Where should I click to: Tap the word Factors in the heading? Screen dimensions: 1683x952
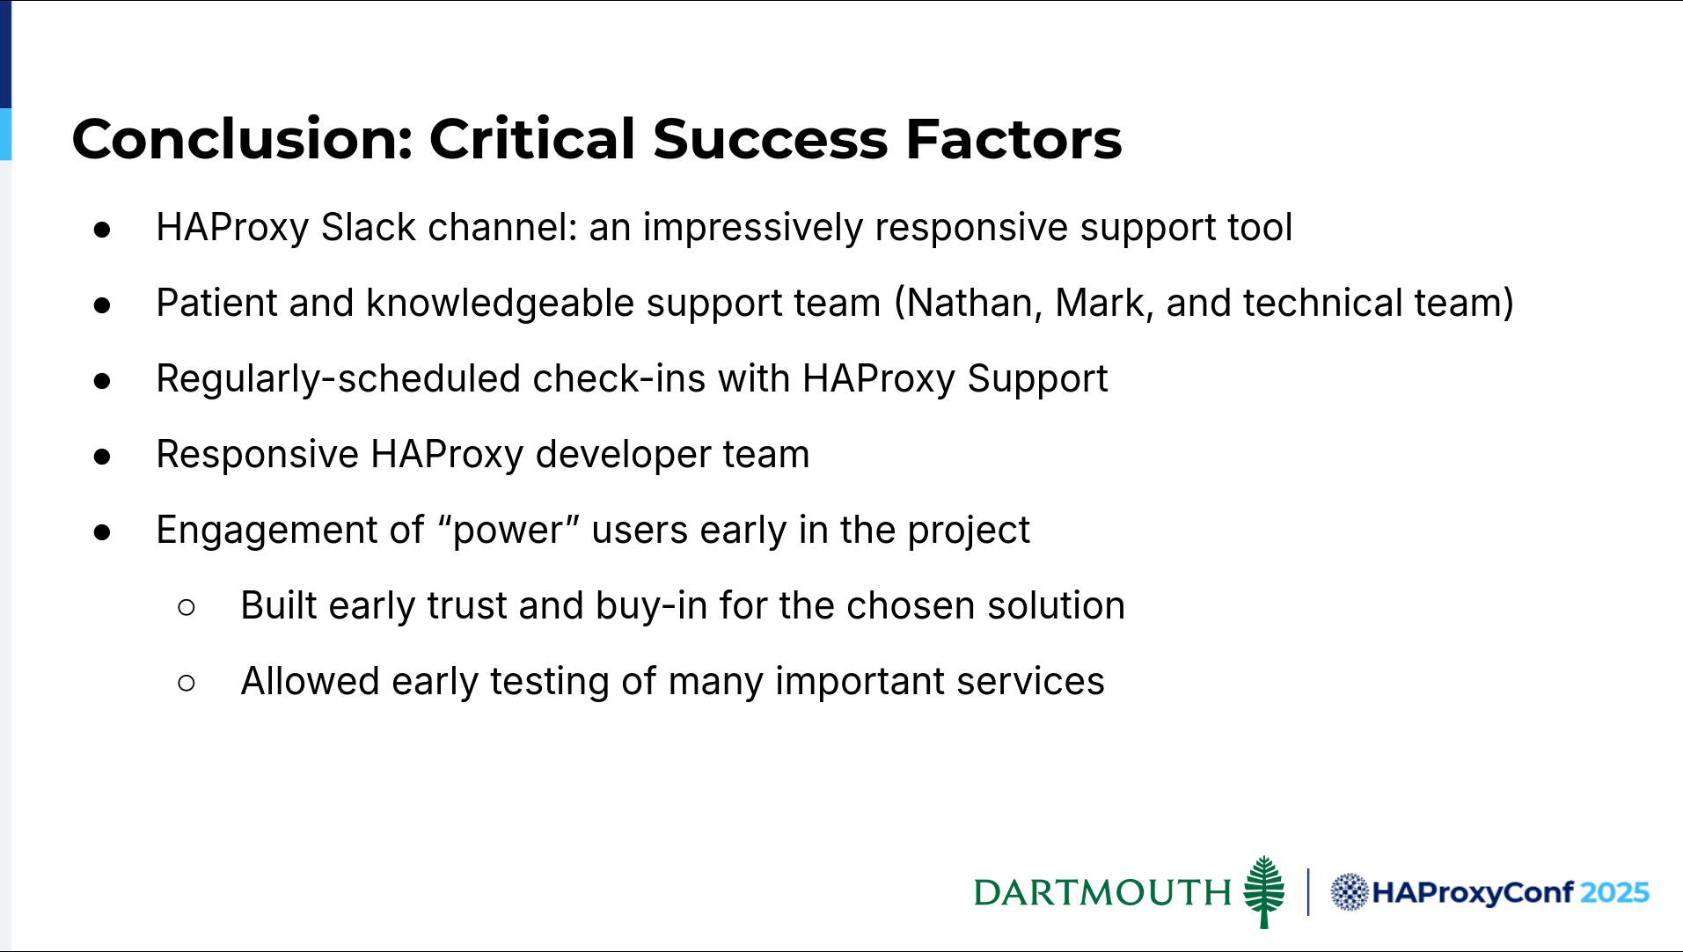click(1013, 139)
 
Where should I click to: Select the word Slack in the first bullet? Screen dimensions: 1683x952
click(368, 227)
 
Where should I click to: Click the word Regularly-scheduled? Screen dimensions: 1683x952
click(339, 379)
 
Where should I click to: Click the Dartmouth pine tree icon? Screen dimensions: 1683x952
click(1264, 891)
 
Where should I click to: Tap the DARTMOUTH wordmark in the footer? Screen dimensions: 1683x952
click(1102, 892)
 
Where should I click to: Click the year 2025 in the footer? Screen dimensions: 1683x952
click(1614, 892)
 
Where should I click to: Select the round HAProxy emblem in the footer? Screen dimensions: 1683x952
click(1349, 892)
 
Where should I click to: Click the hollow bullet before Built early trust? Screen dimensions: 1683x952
click(187, 607)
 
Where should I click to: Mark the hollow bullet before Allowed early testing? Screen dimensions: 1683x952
click(187, 683)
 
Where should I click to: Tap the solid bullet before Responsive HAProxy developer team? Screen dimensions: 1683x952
click(102, 456)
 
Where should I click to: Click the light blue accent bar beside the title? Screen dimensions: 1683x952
click(5, 134)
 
